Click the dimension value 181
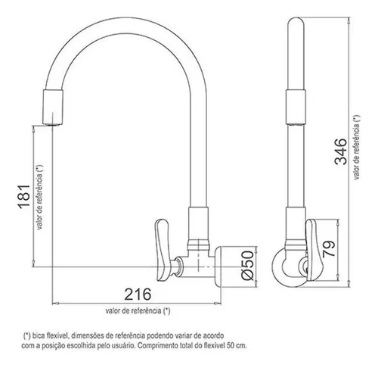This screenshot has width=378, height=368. point(24,197)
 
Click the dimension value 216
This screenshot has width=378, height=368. point(138,295)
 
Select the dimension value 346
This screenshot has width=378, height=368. point(340,151)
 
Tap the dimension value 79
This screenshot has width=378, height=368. point(329,248)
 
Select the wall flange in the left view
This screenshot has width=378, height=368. point(218,267)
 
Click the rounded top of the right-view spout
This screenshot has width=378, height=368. point(296,21)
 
